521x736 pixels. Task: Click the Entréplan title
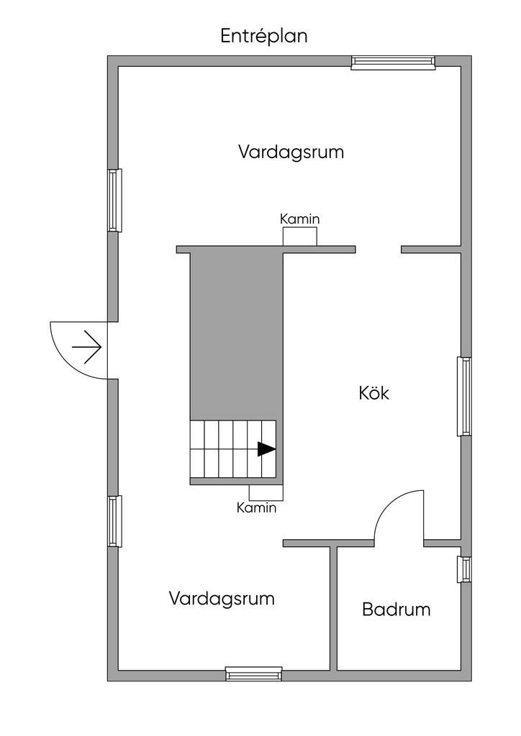click(264, 37)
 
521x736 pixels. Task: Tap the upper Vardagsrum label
click(291, 152)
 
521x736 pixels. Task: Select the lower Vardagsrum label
click(222, 598)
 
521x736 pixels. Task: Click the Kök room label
click(373, 393)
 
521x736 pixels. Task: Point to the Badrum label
click(396, 610)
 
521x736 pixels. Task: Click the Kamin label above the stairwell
click(299, 219)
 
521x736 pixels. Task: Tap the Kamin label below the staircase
click(256, 508)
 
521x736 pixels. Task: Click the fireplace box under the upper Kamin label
click(299, 236)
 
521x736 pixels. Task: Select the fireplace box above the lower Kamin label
click(266, 492)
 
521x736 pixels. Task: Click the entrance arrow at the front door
click(86, 347)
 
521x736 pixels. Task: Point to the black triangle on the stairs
click(266, 449)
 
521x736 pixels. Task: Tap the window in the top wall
click(393, 63)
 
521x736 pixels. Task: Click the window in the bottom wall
click(253, 674)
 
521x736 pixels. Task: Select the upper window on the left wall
click(114, 200)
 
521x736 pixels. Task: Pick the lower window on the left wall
click(114, 520)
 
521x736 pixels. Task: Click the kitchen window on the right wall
click(465, 396)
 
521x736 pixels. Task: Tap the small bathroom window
click(465, 569)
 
